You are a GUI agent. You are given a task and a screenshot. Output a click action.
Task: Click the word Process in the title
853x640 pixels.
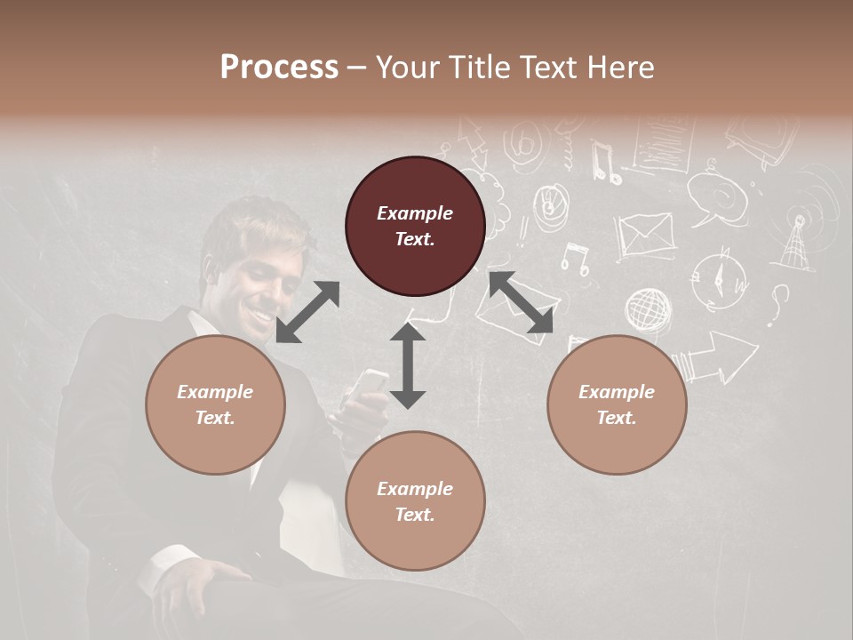click(279, 68)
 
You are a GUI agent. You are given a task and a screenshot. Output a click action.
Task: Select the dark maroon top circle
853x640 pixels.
click(415, 226)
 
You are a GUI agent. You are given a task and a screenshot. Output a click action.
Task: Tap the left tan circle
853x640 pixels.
click(215, 404)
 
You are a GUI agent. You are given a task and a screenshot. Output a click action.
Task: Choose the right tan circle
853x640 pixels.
click(617, 404)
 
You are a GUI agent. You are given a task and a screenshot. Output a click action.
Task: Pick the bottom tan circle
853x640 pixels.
click(415, 500)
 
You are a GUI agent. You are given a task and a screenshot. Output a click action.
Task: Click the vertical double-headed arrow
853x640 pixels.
click(408, 365)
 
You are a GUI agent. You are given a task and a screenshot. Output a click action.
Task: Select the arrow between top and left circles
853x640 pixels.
click(307, 311)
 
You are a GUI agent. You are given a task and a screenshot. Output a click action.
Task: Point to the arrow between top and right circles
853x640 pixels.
click(520, 302)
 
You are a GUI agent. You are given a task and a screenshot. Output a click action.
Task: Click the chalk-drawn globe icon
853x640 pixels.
click(648, 310)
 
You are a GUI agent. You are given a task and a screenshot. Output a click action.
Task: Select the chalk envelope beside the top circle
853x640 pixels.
click(645, 236)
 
